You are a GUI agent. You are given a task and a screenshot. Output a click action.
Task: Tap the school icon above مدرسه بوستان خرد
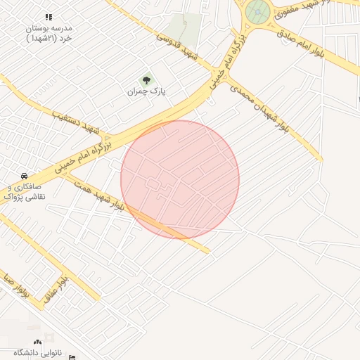[48, 17]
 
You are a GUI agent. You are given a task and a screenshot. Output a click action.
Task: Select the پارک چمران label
[146, 92]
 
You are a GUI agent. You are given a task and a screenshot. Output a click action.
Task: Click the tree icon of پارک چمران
[146, 79]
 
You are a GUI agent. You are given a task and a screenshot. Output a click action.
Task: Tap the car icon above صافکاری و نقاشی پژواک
[24, 176]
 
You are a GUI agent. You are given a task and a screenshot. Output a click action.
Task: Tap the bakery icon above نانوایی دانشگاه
[38, 340]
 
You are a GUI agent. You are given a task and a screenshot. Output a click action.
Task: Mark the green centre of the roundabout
[257, 12]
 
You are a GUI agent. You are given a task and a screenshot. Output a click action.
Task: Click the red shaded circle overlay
[180, 179]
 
